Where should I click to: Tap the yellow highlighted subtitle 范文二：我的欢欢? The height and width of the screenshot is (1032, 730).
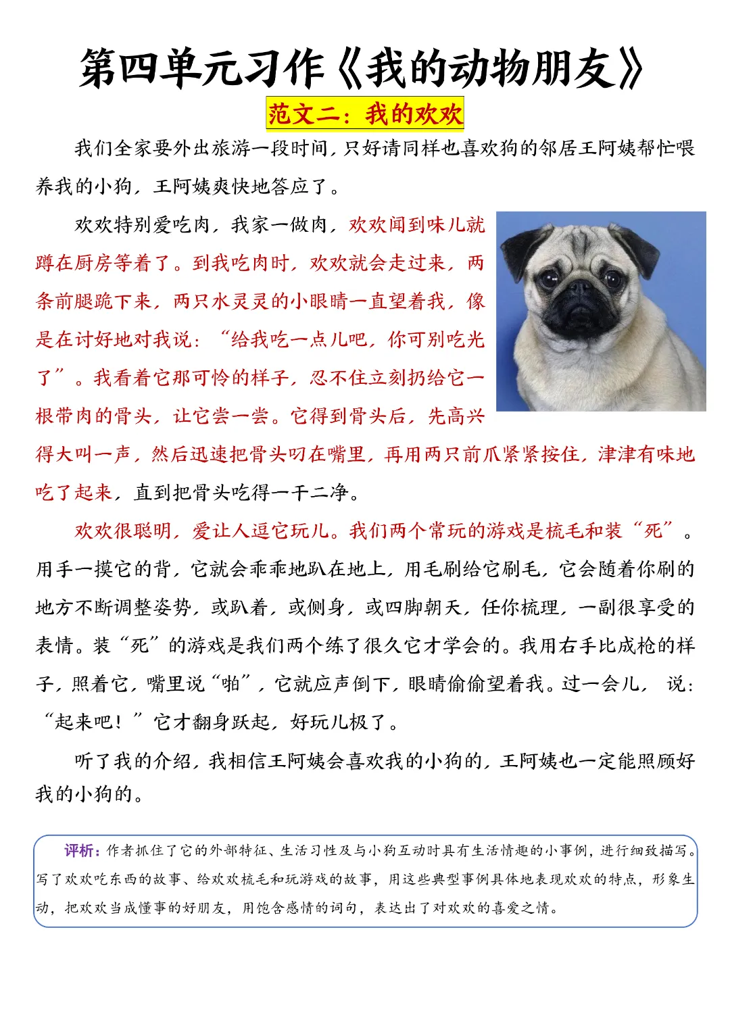click(x=365, y=114)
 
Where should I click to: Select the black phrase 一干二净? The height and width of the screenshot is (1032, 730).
click(x=311, y=493)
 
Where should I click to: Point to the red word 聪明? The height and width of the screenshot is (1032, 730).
click(x=153, y=531)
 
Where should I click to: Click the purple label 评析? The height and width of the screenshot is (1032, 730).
click(x=80, y=851)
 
